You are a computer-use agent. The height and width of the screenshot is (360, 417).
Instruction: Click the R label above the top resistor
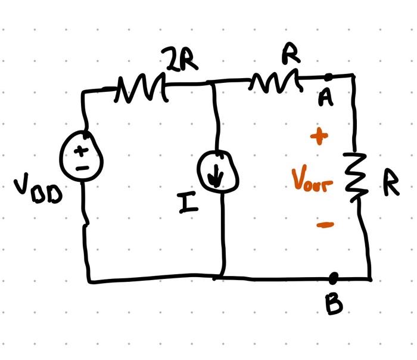tap(290, 55)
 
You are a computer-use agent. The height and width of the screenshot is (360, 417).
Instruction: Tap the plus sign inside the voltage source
tap(79, 152)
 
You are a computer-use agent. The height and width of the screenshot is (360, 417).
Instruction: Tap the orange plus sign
tap(319, 136)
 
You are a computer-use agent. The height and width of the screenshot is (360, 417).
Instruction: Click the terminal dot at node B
tap(334, 277)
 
